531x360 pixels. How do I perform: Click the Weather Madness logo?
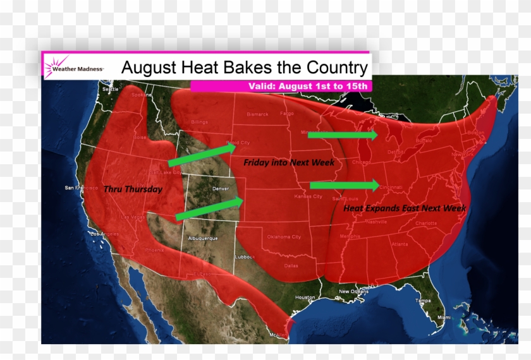[x=73, y=66]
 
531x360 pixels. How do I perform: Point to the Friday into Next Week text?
[x=289, y=162]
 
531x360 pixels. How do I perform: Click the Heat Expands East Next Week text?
[x=405, y=208]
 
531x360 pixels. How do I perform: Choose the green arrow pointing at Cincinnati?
[x=345, y=185]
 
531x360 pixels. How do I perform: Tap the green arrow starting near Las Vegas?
[x=209, y=208]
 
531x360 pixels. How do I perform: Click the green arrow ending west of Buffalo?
[x=342, y=135]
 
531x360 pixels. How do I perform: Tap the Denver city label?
[x=221, y=189]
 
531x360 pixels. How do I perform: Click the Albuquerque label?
[x=203, y=238]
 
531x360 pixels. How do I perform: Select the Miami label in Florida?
[x=445, y=317]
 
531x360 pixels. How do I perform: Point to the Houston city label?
[x=305, y=297]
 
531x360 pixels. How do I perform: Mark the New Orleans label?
[x=353, y=291]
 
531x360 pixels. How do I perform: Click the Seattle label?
[x=110, y=90]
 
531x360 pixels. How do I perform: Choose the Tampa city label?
[x=423, y=301]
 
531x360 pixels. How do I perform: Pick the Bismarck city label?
[x=258, y=114]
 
